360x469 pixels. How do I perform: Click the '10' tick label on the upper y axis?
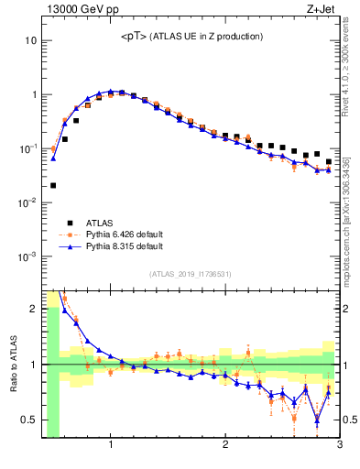(31, 40)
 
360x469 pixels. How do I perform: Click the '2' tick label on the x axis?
(225, 446)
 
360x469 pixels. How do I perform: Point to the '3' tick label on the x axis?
(339, 446)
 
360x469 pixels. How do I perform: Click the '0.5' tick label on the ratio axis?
(28, 420)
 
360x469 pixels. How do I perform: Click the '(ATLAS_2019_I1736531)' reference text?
(191, 274)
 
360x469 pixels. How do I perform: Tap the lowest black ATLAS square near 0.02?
(53, 185)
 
